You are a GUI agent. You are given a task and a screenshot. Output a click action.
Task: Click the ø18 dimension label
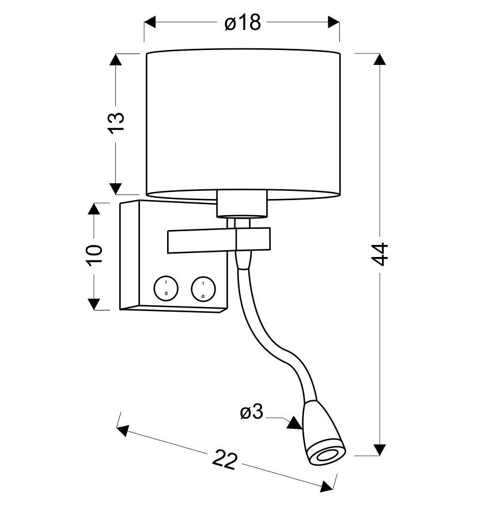(242, 22)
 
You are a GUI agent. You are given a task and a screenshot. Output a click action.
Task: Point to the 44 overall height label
(380, 254)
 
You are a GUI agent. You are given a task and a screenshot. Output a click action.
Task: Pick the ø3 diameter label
(251, 412)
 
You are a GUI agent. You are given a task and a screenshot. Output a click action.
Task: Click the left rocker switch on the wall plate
(165, 287)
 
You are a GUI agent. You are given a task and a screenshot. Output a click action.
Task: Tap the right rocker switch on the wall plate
(203, 287)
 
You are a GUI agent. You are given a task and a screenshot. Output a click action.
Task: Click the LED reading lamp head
(323, 437)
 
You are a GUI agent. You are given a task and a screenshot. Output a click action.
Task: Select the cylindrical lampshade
(243, 124)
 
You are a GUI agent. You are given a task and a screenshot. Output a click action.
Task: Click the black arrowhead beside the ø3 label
(294, 424)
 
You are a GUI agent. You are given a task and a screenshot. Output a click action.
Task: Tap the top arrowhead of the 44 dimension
(379, 60)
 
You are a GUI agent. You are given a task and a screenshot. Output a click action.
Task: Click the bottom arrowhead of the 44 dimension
(379, 449)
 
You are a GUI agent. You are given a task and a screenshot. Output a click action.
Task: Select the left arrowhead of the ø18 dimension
(150, 22)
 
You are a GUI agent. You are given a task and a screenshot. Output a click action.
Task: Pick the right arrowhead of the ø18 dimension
(334, 22)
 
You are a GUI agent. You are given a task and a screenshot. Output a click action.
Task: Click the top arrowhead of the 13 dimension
(116, 60)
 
